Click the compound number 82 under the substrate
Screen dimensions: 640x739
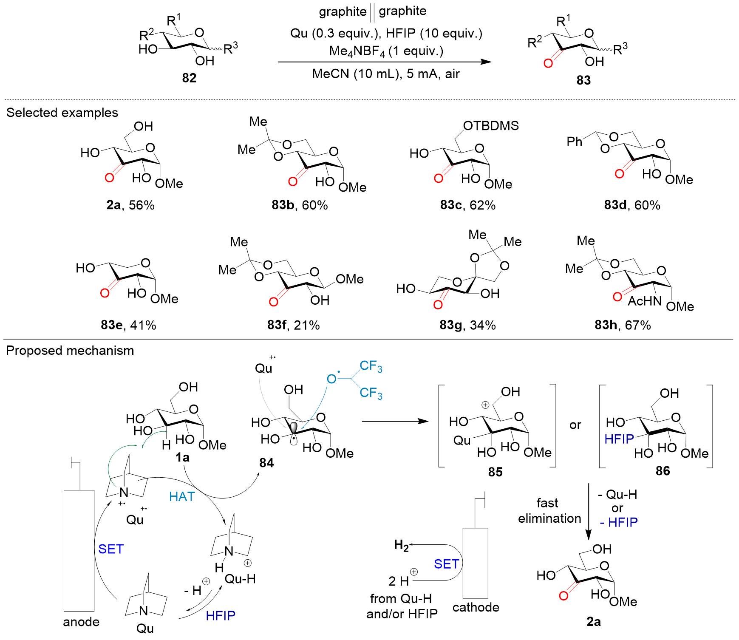[189, 78]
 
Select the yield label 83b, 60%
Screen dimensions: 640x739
[300, 205]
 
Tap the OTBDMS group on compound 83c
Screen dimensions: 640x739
[491, 126]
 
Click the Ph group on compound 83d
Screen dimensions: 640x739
[574, 142]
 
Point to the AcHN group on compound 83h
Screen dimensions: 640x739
[645, 301]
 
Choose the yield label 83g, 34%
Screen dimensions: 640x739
[467, 325]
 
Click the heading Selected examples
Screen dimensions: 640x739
[62, 113]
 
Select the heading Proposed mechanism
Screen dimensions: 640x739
[70, 351]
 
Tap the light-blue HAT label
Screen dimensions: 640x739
[181, 496]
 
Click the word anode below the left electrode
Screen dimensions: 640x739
[81, 622]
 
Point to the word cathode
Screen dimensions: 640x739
[476, 607]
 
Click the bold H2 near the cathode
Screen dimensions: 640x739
[401, 545]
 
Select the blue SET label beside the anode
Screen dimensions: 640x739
[110, 549]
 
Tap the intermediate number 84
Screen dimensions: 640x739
[266, 463]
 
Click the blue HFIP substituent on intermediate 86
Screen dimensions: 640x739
[619, 439]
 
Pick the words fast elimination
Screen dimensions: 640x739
[549, 511]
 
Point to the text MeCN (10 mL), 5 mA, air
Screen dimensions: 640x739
[385, 74]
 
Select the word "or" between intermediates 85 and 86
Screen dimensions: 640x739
[575, 425]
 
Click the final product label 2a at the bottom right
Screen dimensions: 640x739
[593, 622]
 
